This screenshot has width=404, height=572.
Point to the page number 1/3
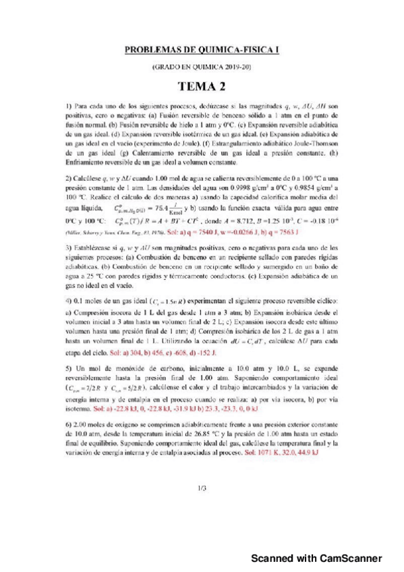coord(202,488)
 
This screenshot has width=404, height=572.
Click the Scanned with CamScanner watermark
coord(317,557)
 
